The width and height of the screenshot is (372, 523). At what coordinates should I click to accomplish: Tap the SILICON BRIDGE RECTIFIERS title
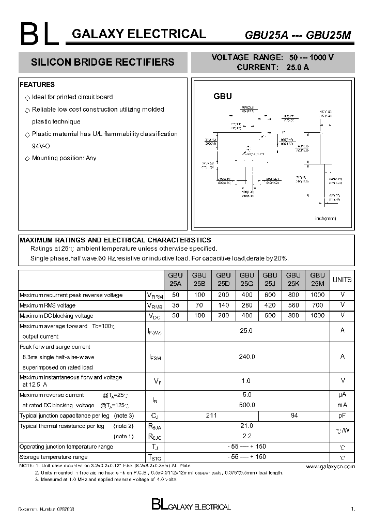(103, 63)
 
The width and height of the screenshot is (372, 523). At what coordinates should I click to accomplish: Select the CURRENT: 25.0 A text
(272, 67)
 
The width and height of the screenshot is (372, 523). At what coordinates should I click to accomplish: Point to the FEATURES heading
(37, 85)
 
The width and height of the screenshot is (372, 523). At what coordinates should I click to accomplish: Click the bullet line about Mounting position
(64, 158)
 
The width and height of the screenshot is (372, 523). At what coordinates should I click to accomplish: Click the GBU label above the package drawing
(223, 96)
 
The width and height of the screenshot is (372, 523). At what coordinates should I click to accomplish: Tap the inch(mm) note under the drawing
(326, 219)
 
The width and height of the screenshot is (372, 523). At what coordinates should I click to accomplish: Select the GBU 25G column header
(246, 280)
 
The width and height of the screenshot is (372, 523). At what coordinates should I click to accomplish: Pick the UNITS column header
(342, 280)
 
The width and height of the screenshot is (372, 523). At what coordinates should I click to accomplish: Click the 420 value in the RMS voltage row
(269, 305)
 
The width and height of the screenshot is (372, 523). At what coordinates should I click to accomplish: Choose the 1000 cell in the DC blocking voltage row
(317, 315)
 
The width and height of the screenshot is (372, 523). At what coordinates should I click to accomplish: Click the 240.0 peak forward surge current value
(246, 357)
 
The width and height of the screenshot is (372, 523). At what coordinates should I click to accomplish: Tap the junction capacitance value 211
(211, 416)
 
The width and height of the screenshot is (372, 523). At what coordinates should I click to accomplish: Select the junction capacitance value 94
(293, 416)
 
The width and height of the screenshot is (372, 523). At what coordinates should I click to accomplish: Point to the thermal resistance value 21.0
(246, 426)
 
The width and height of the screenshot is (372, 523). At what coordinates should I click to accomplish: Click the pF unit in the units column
(342, 416)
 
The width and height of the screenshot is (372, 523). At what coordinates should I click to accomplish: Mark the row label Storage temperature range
(53, 457)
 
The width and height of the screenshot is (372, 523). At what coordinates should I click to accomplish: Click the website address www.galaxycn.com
(330, 467)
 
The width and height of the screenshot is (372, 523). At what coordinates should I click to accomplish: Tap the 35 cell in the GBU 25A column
(175, 305)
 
